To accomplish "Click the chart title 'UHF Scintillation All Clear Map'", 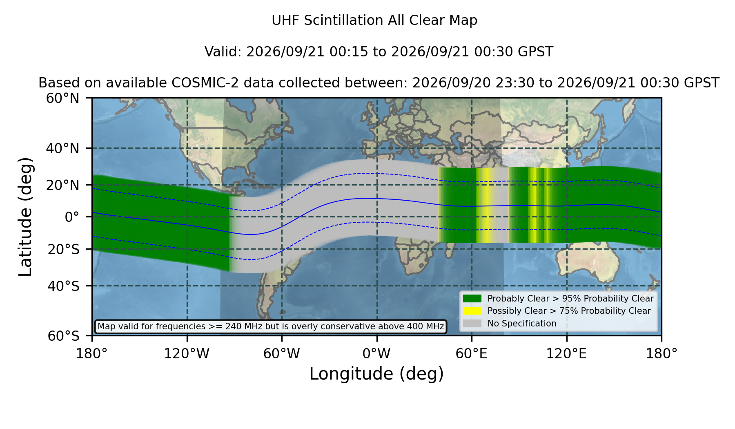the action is pyautogui.click(x=374, y=20).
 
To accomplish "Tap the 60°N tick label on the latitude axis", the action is pyautogui.click(x=62, y=98).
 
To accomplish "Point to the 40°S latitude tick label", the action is pyautogui.click(x=63, y=286).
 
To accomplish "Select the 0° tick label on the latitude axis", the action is pyautogui.click(x=72, y=217).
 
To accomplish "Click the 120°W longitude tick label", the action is pyautogui.click(x=187, y=353).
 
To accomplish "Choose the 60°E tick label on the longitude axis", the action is pyautogui.click(x=472, y=353).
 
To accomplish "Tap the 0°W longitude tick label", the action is pyautogui.click(x=376, y=353).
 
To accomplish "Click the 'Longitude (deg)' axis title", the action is pyautogui.click(x=376, y=374).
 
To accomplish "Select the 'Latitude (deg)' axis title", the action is pyautogui.click(x=25, y=217).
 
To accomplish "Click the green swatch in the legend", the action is pyautogui.click(x=472, y=298).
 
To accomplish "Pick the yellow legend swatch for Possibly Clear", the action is pyautogui.click(x=472, y=311).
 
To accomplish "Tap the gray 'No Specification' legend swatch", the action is pyautogui.click(x=472, y=324).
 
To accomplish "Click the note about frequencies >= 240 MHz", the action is pyautogui.click(x=271, y=326).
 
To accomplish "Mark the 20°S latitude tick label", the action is pyautogui.click(x=63, y=249).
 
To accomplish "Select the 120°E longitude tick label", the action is pyautogui.click(x=566, y=353).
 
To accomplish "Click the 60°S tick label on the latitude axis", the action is pyautogui.click(x=63, y=336).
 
